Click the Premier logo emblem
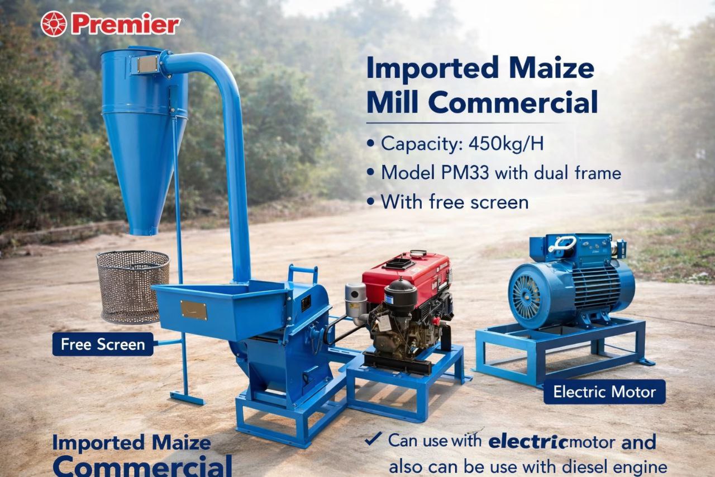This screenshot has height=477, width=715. coord(54,24)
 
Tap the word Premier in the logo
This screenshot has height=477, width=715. coord(126,25)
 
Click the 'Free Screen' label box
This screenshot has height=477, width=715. coord(103,344)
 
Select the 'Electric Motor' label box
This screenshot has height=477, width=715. coord(604,391)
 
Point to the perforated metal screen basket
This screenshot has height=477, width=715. coord(133,286)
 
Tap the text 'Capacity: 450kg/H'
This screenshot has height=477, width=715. coord(462,144)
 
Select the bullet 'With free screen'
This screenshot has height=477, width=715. coord(454,201)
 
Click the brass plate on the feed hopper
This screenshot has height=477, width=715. coord(193,310)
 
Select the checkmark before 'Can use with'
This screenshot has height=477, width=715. coord(373,440)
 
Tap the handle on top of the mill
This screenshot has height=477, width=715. coord(302,272)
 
